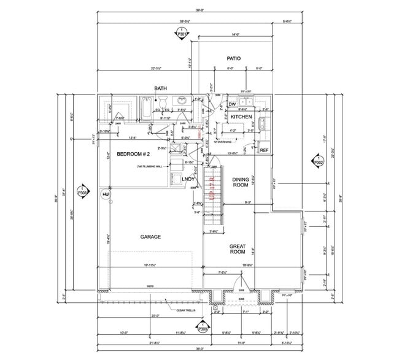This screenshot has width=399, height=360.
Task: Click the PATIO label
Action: coord(233,59)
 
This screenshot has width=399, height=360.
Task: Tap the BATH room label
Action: coord(161,88)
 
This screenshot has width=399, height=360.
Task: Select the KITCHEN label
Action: coord(241,117)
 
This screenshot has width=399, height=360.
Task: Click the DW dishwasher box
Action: coord(232,104)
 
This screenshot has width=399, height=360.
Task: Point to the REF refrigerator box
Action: coord(264,150)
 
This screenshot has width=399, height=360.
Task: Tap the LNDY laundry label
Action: coord(188,179)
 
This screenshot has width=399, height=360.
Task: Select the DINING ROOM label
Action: coord(240,182)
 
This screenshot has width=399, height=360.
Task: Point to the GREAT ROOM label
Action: coord(238,248)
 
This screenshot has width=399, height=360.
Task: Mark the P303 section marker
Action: coord(82,191)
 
